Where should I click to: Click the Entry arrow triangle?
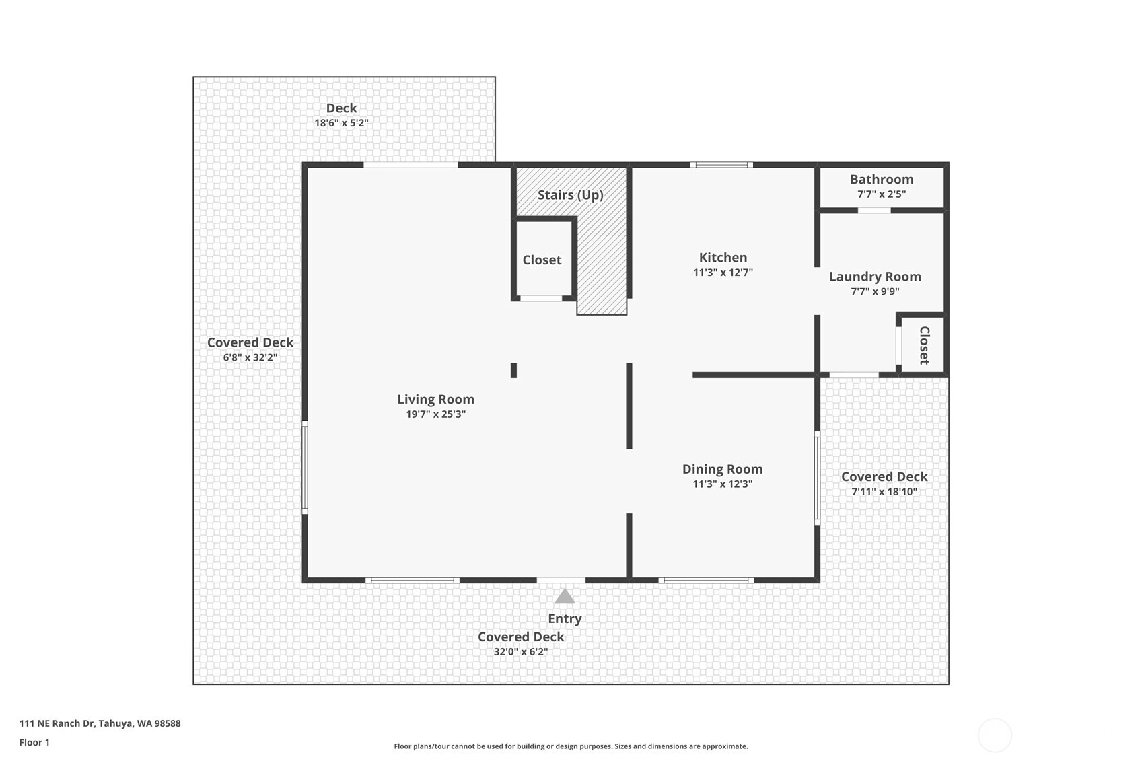click(565, 596)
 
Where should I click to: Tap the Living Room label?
click(436, 399)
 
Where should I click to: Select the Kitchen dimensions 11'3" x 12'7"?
click(723, 273)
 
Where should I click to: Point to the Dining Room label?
click(723, 469)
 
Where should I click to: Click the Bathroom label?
click(882, 180)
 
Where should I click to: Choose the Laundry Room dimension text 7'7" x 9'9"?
click(875, 291)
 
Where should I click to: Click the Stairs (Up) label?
click(571, 195)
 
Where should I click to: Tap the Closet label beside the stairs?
click(542, 260)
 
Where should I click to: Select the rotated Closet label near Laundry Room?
click(925, 345)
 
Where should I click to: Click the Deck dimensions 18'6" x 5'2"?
click(341, 123)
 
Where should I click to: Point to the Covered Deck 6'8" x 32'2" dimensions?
click(250, 357)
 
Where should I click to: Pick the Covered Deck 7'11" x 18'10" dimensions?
click(884, 491)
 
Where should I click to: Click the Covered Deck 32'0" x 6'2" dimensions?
click(520, 651)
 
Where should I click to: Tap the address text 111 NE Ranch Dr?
click(57, 723)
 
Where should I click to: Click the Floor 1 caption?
click(35, 742)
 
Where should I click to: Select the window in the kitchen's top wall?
click(722, 165)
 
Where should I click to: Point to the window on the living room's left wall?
click(305, 468)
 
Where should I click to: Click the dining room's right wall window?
click(817, 478)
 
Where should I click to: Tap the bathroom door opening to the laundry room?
click(874, 211)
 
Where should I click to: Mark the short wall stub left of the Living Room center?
click(514, 370)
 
